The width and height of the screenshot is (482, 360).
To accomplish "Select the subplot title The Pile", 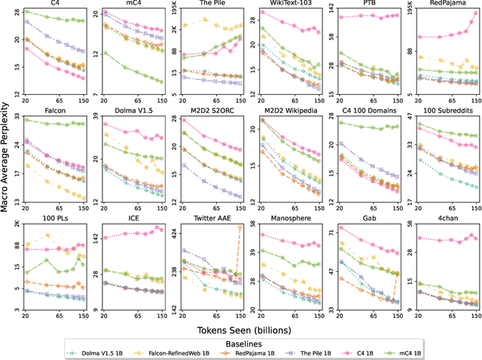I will [212, 4].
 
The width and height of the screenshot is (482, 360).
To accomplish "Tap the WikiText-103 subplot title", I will [290, 4].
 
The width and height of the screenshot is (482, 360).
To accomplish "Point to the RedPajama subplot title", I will [447, 4].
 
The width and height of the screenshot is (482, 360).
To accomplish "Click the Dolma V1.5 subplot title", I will [133, 111].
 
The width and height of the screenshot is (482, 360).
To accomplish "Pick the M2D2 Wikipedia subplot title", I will [290, 111].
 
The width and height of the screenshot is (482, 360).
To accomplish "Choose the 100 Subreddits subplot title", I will [447, 111].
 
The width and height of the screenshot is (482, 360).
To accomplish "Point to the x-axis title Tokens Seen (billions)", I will [249, 329].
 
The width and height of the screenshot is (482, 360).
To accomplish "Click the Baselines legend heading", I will [249, 341].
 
